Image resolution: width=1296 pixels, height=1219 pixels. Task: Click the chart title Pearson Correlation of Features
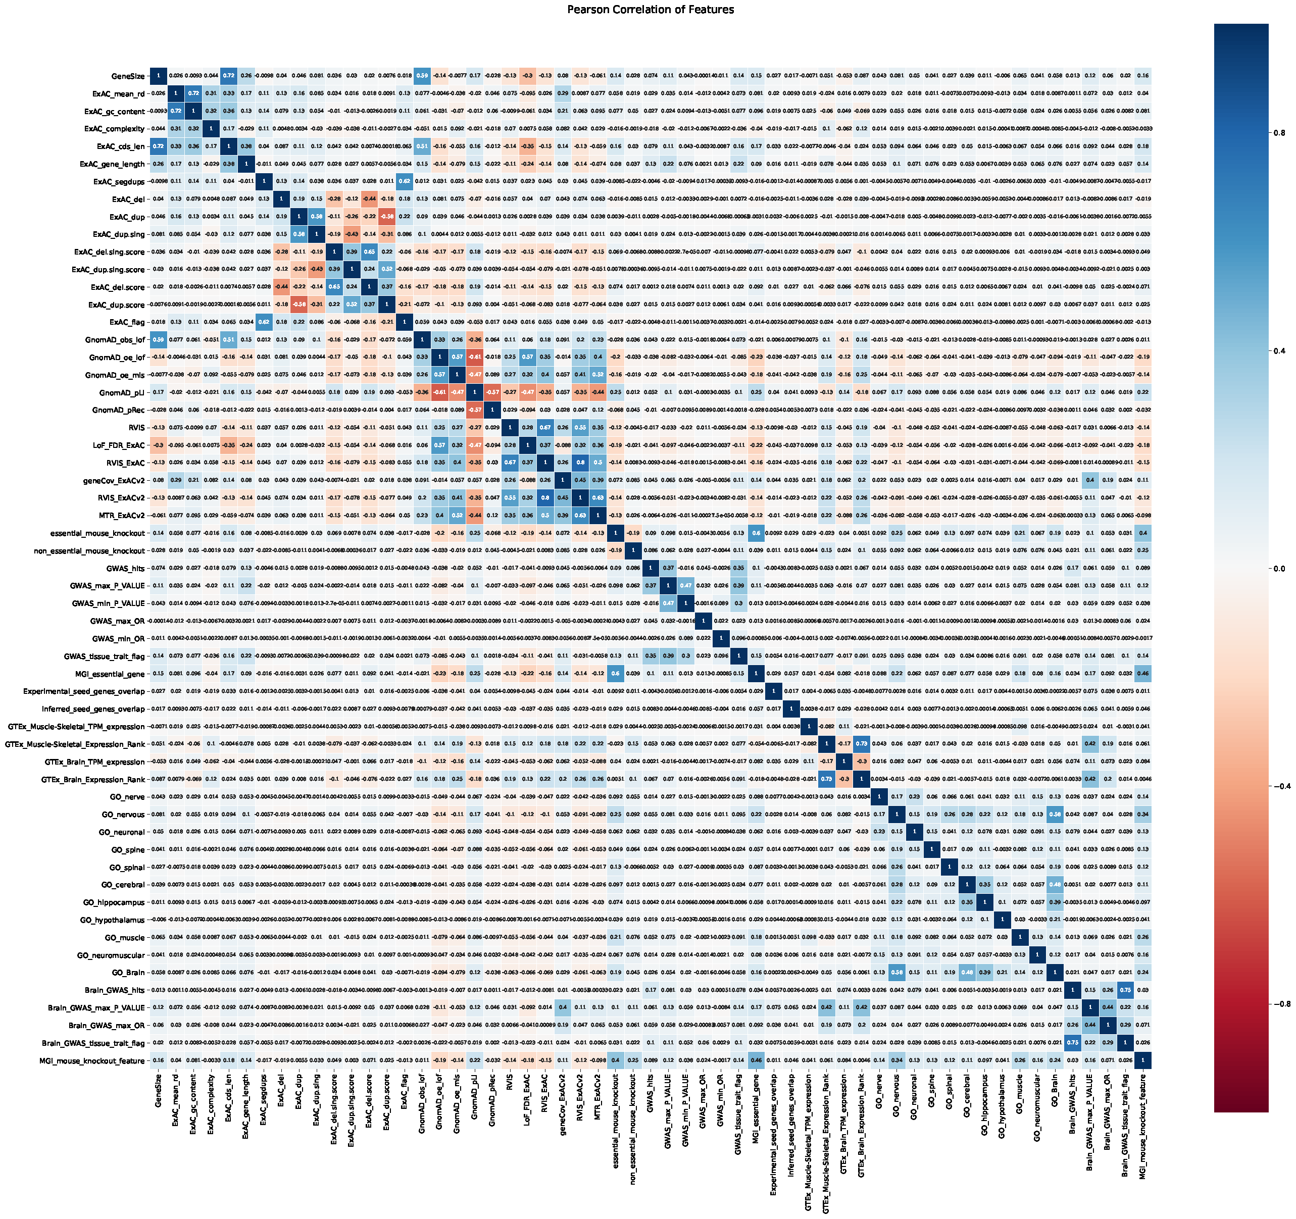point(650,10)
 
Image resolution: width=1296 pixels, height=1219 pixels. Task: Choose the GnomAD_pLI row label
point(123,392)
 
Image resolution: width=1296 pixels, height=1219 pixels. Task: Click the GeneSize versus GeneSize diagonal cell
point(158,76)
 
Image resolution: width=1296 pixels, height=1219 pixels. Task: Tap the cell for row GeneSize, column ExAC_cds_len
point(228,76)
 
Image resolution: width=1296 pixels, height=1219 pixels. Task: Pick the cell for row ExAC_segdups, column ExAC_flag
point(404,181)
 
